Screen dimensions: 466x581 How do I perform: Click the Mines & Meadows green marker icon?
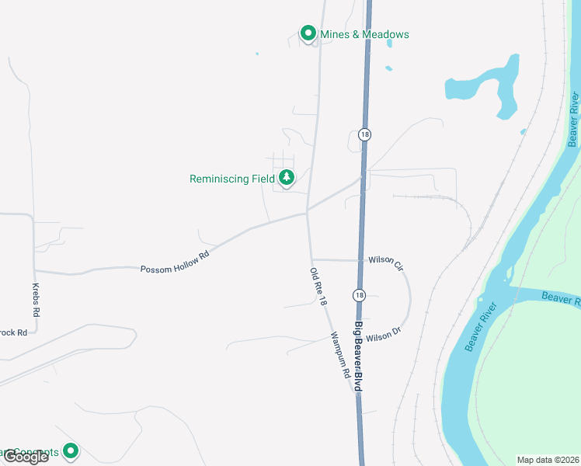tap(308, 33)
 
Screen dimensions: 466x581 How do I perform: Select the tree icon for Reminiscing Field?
tap(287, 178)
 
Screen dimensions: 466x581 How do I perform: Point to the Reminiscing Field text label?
tap(231, 179)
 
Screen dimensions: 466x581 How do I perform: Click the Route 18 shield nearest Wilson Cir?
tap(358, 295)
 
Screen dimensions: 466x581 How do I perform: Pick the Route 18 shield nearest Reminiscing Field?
tap(364, 134)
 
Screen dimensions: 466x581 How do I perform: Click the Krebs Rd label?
tap(35, 298)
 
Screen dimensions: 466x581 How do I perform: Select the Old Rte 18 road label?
tap(317, 286)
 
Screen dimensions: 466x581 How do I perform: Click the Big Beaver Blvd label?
tap(360, 357)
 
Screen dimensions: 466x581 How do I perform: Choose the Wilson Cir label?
tap(386, 262)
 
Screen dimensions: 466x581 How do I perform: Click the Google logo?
tap(25, 457)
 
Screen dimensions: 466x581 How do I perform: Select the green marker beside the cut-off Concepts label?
tap(71, 450)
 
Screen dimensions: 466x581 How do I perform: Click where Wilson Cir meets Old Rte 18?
tap(312, 259)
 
